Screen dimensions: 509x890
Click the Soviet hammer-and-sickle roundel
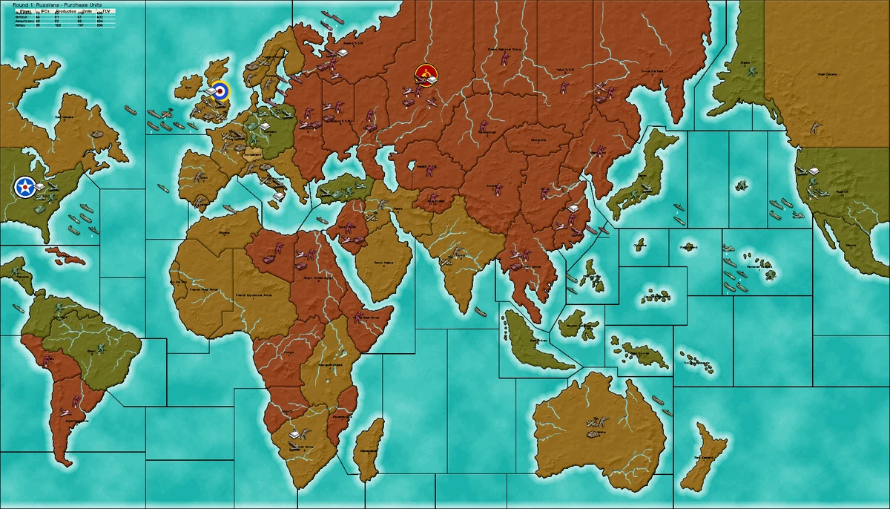coord(426,74)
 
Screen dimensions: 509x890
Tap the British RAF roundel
coord(220,91)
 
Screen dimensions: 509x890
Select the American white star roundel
coord(24,188)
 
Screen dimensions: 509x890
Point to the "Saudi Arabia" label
coord(383,262)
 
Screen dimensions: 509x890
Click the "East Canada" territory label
coord(65,116)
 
